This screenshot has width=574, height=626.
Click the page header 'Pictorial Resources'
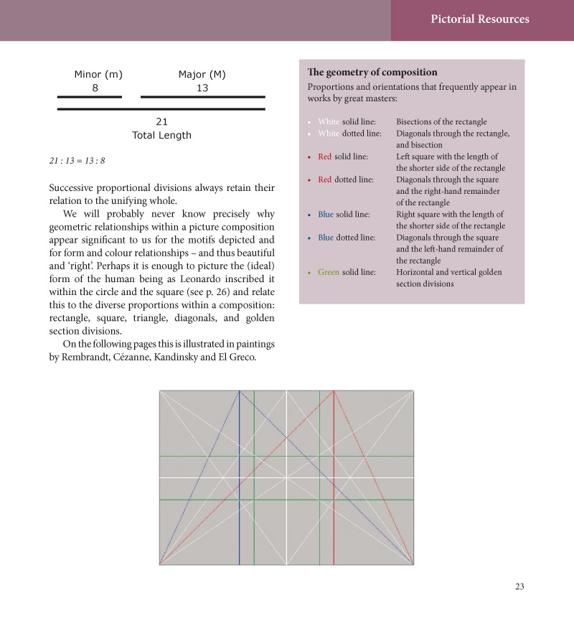coord(480,19)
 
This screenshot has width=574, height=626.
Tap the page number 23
coord(519,587)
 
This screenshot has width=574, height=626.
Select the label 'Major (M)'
coord(202,75)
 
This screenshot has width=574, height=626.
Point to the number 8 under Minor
coord(95,88)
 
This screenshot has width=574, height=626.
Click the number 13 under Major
coord(202,88)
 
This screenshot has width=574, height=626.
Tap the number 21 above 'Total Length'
coord(161,122)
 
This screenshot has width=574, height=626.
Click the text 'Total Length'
coord(161,135)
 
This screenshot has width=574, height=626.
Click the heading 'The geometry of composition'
coord(372,73)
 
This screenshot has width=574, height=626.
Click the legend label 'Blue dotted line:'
coord(345,238)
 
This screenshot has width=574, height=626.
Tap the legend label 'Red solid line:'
coord(343,156)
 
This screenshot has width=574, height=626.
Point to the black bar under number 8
coord(90,96)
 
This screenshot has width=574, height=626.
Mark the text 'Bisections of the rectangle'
coord(441,122)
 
